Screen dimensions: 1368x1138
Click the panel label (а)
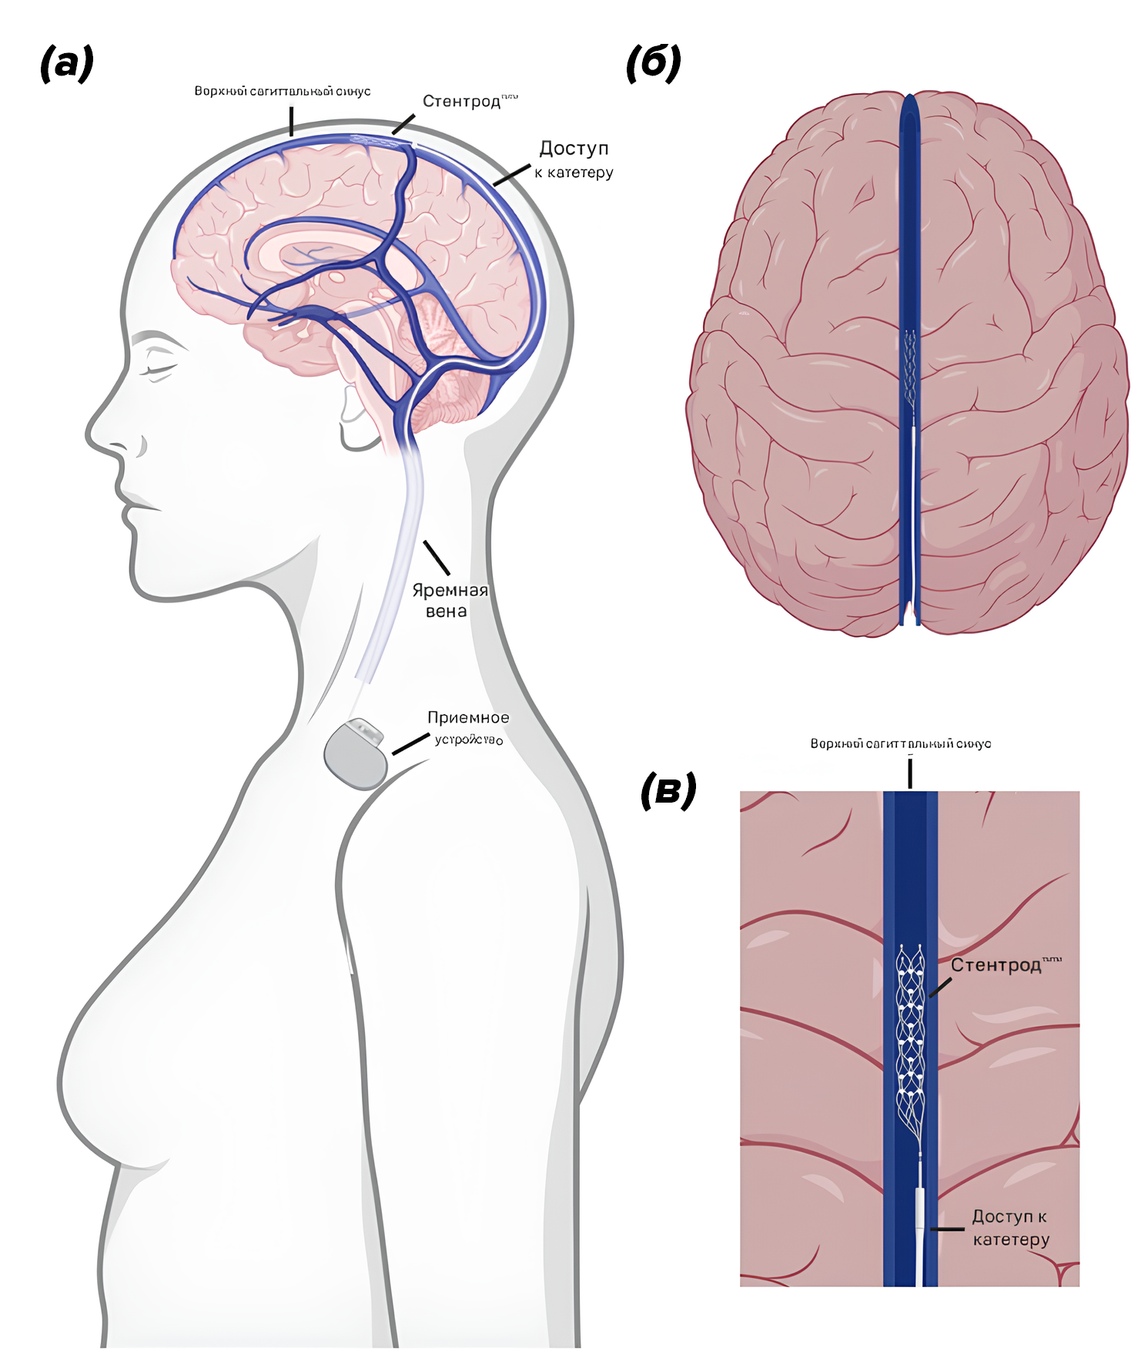67,63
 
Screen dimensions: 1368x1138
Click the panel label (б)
653,63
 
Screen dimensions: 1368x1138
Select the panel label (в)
668,791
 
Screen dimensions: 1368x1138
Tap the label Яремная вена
450,601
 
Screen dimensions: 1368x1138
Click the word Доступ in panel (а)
574,148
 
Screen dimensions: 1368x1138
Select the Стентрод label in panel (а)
462,102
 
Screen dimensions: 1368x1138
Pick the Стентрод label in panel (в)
996,965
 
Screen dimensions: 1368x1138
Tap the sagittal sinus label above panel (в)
900,743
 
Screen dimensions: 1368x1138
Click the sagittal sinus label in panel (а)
282,92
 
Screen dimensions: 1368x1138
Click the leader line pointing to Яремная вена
437,558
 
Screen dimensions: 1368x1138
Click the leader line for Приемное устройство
410,744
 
